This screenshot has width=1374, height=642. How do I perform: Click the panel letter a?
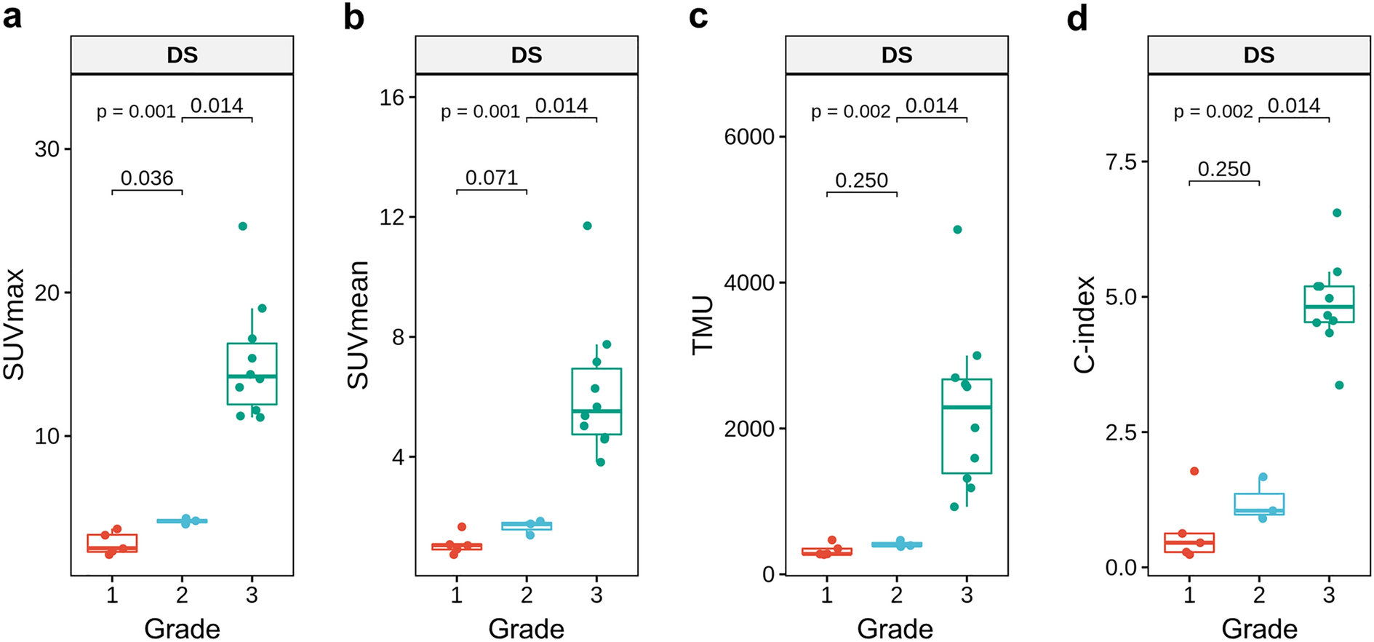[x=12, y=16]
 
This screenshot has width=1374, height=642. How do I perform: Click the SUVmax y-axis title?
[x=14, y=325]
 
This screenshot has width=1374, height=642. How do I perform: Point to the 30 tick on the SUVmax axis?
[x=47, y=149]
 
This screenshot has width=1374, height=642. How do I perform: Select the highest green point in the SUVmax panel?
[x=243, y=226]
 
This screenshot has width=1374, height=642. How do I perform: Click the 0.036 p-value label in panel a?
[x=147, y=178]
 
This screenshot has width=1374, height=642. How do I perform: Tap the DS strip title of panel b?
[x=527, y=55]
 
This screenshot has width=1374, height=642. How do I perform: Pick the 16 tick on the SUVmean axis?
[x=392, y=98]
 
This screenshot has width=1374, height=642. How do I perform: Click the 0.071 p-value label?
[x=492, y=178]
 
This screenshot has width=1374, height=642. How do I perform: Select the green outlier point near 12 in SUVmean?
[x=588, y=226]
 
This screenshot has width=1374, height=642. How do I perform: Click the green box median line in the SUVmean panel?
[x=596, y=411]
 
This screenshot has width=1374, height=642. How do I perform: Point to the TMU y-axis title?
[x=703, y=325]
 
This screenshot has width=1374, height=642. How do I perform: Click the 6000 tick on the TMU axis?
[x=748, y=137]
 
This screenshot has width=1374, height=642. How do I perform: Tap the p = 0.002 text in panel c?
[x=850, y=112]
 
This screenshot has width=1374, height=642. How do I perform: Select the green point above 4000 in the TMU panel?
[x=958, y=229]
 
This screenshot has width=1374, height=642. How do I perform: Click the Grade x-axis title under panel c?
[x=895, y=628]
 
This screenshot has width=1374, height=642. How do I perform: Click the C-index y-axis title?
[x=1085, y=325]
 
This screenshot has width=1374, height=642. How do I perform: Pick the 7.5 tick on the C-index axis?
[x=1121, y=162]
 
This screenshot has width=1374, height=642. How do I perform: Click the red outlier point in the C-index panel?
[x=1194, y=472]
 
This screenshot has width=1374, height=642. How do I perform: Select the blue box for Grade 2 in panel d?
[x=1259, y=504]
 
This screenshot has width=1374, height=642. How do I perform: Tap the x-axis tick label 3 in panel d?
[x=1329, y=595]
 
